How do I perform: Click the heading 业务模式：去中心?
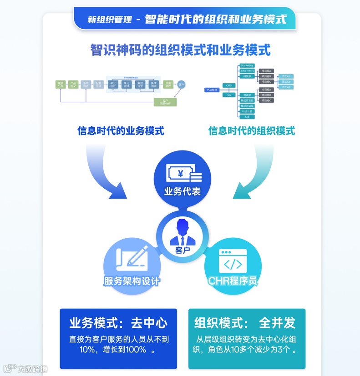[118, 323]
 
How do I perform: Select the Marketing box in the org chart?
[247, 66]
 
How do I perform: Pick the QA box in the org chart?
[229, 95]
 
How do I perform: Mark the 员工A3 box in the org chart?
[286, 87]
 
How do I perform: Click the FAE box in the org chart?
[247, 117]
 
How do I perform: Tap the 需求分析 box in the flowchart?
[61, 85]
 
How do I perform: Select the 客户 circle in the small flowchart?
[181, 85]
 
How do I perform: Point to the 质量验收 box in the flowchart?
[168, 85]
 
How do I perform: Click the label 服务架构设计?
[132, 281]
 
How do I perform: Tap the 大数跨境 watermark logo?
[25, 369]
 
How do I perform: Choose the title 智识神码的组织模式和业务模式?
[180, 50]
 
